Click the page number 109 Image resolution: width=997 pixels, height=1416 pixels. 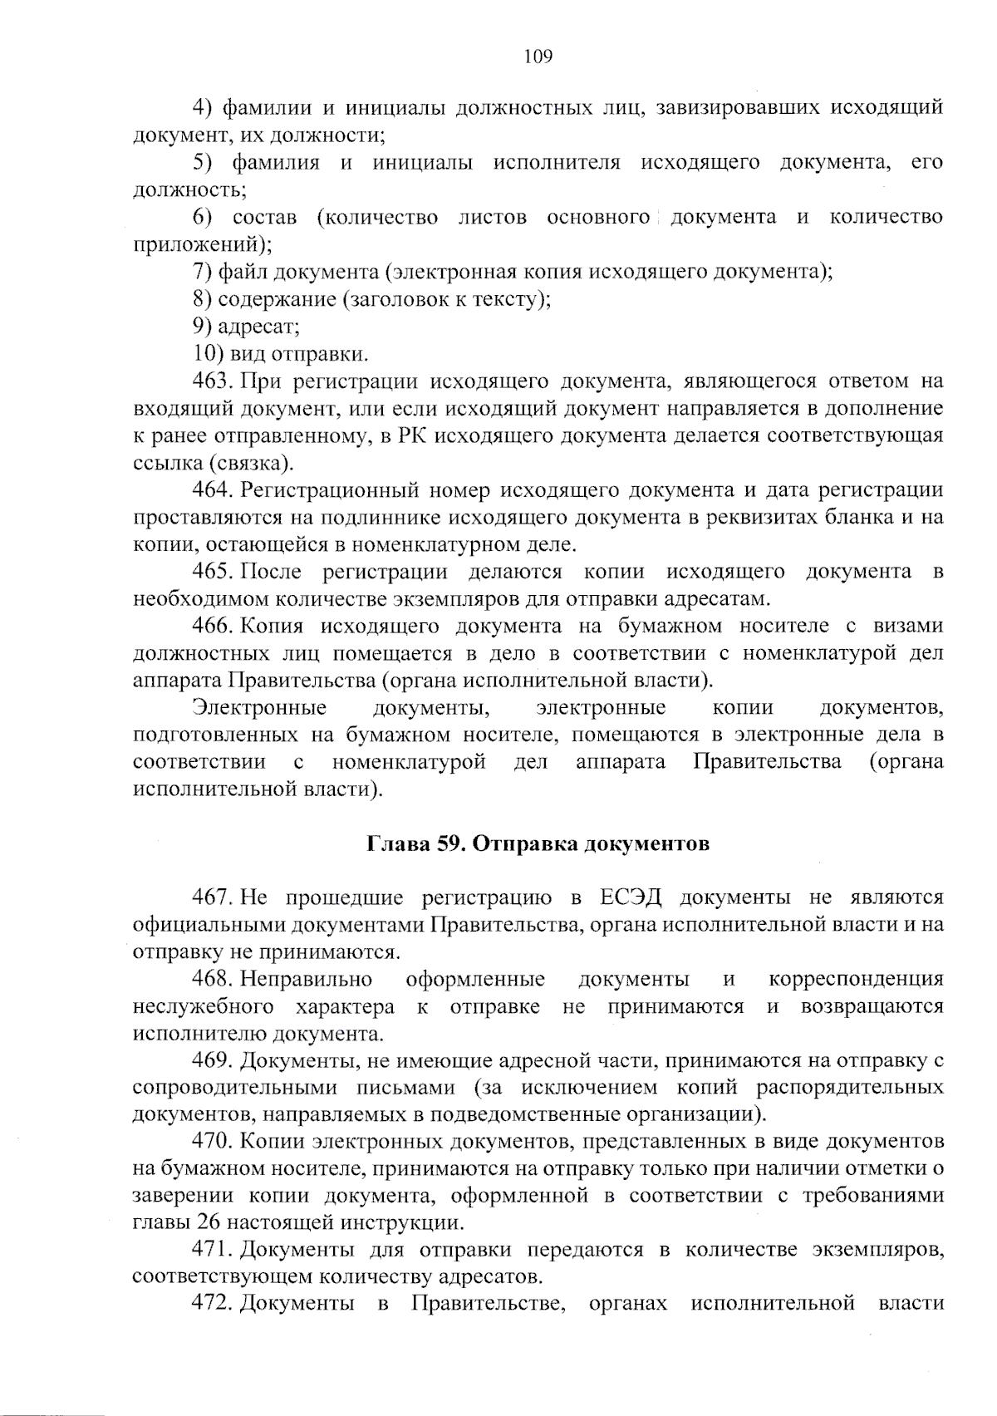pyautogui.click(x=538, y=57)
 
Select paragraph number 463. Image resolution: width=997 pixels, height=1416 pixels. pyautogui.click(x=211, y=381)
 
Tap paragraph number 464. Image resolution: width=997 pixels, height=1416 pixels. pyautogui.click(x=211, y=490)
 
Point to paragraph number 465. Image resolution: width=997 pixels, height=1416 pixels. pyautogui.click(x=211, y=572)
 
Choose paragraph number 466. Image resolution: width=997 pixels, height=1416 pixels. pyautogui.click(x=211, y=626)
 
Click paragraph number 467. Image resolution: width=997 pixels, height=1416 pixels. pyautogui.click(x=211, y=897)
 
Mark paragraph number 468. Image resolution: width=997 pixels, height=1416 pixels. pyautogui.click(x=211, y=979)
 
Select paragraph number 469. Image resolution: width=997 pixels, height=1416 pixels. pyautogui.click(x=211, y=1060)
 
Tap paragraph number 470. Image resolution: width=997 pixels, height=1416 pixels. pyautogui.click(x=211, y=1142)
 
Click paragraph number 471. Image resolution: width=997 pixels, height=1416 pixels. pyautogui.click(x=211, y=1250)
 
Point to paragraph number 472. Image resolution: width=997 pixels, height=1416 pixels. pyautogui.click(x=211, y=1304)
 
